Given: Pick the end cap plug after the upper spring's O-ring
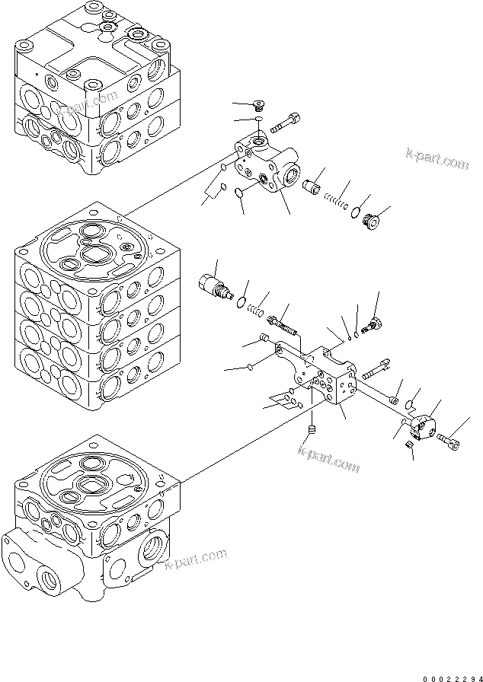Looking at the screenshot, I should tap(371, 221).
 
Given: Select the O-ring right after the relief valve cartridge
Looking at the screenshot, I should tap(243, 302).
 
